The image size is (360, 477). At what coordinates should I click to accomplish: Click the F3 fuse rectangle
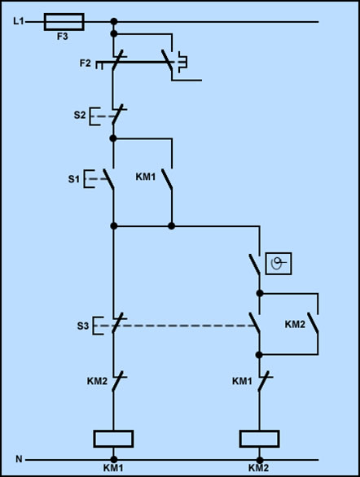click(64, 22)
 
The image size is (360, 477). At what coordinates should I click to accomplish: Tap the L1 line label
click(18, 21)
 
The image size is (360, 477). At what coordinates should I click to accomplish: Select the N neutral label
click(19, 459)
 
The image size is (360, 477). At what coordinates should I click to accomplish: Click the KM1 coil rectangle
click(113, 439)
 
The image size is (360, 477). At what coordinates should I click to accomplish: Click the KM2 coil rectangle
click(259, 439)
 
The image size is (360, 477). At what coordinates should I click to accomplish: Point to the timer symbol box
click(279, 264)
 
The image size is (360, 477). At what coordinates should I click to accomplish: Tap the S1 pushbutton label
click(73, 179)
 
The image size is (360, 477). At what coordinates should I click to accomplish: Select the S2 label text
click(80, 116)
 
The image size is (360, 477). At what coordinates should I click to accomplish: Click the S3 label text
click(83, 326)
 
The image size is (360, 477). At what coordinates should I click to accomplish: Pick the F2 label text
click(86, 63)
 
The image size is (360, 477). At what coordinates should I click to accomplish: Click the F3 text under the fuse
click(63, 37)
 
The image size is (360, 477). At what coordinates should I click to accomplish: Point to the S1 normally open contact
click(108, 179)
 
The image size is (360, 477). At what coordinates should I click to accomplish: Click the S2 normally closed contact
click(117, 114)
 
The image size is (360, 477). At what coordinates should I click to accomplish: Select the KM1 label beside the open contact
click(146, 177)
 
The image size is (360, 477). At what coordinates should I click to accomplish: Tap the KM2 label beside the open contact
click(295, 324)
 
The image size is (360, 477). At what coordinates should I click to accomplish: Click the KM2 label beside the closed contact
click(97, 381)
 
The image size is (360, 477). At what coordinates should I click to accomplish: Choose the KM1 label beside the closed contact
click(242, 381)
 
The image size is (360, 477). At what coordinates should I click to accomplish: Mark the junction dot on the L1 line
click(114, 22)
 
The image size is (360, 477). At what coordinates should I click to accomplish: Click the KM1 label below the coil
click(113, 468)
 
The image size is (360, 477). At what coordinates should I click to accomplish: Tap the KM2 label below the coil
click(259, 468)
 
